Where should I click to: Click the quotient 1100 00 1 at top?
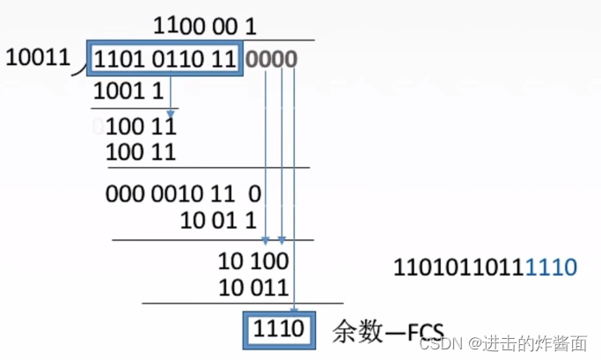pyautogui.click(x=204, y=26)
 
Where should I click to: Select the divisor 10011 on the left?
pyautogui.click(x=37, y=58)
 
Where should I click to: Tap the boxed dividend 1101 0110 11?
pyautogui.click(x=164, y=60)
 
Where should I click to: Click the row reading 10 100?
pyautogui.click(x=253, y=261)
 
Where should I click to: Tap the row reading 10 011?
pyautogui.click(x=253, y=287)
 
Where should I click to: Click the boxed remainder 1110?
pyautogui.click(x=277, y=330)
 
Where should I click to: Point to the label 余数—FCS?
pyautogui.click(x=386, y=332)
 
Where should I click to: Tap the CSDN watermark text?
pyautogui.click(x=436, y=342)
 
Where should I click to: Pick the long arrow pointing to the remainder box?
pyautogui.click(x=293, y=194)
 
